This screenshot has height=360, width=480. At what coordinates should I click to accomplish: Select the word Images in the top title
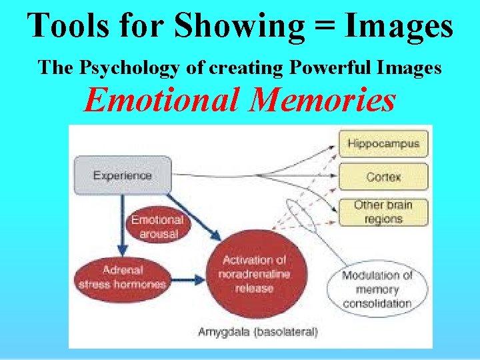pos(397,27)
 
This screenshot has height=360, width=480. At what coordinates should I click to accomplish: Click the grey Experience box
pos(122,176)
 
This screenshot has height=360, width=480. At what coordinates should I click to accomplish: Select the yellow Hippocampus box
pos(383,143)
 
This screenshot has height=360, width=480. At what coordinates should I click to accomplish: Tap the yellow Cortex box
pos(383,177)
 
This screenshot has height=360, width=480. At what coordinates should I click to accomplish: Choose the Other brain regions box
pos(383,212)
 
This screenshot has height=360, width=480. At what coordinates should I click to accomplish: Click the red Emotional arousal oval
pos(157,226)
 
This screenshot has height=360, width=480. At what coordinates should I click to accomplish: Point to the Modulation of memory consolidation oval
pos(377,289)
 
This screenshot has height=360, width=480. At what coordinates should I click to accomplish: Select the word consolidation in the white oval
pos(377,304)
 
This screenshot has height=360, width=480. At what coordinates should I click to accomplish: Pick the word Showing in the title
pos(211,27)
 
